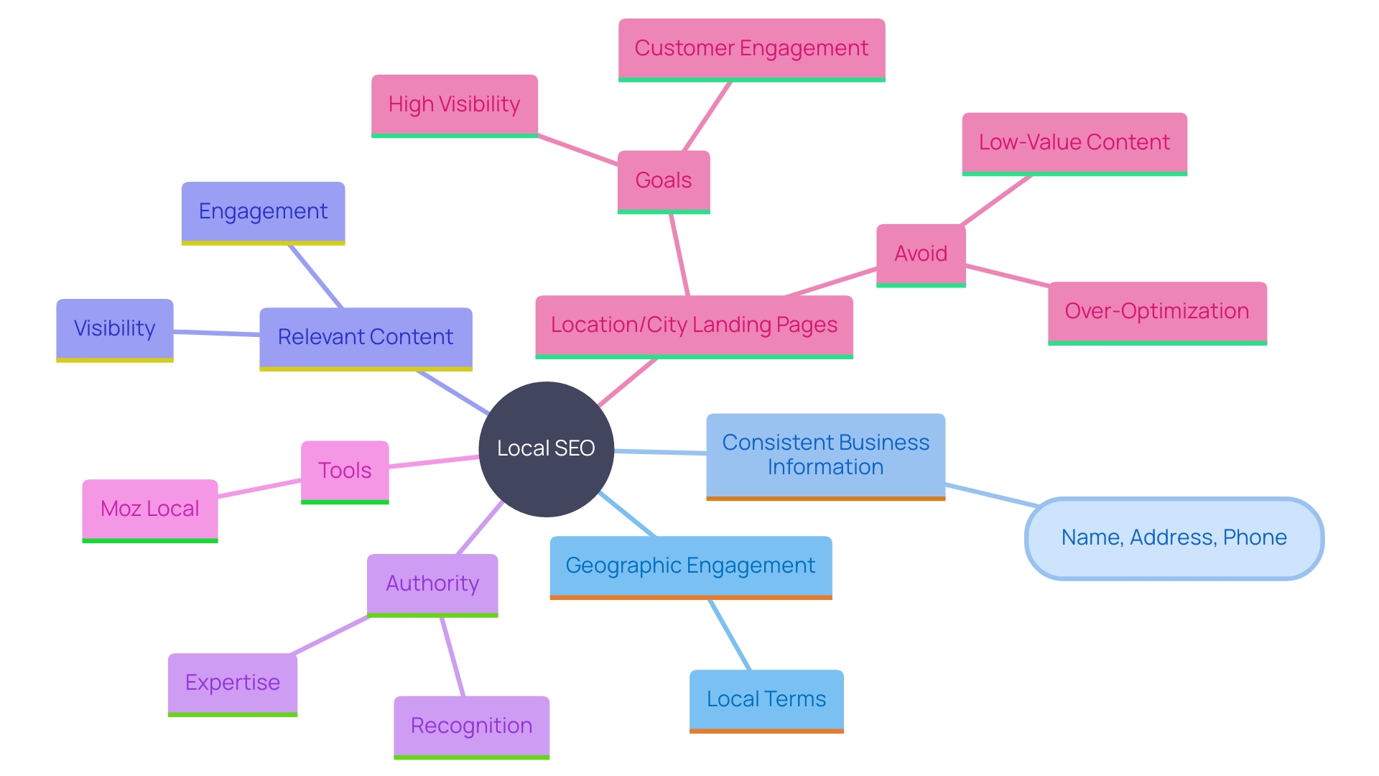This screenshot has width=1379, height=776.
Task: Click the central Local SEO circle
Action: click(546, 448)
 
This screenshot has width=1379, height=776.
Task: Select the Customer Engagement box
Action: click(751, 49)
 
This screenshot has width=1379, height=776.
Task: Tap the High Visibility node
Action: click(454, 105)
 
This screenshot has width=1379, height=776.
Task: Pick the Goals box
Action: click(664, 180)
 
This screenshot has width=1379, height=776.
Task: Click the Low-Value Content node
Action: click(1074, 143)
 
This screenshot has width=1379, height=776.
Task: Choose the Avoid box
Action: click(921, 254)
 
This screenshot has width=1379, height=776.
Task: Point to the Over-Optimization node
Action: click(1157, 312)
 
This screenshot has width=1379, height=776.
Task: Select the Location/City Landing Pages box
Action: click(694, 325)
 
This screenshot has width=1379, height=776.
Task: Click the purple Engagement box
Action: click(263, 212)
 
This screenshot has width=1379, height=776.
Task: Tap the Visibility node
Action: click(115, 329)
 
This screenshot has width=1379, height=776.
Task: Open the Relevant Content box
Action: click(366, 338)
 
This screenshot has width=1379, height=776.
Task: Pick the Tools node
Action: click(345, 471)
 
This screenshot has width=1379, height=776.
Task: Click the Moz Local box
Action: click(149, 509)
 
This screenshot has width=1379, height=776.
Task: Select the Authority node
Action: click(432, 584)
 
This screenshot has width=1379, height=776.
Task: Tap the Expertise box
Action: click(233, 683)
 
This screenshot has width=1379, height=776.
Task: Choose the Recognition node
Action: click(471, 726)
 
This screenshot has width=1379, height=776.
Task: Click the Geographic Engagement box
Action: click(690, 566)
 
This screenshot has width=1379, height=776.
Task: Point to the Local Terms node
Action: click(766, 700)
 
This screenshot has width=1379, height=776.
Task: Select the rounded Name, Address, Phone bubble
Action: click(1174, 538)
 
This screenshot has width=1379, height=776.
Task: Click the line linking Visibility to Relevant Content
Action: click(216, 333)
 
